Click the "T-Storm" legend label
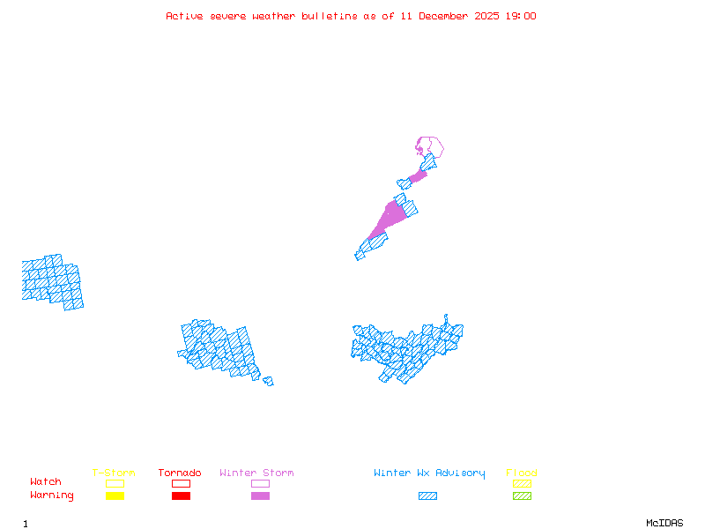click(x=114, y=473)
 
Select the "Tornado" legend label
click(x=180, y=473)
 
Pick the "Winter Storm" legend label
click(x=256, y=473)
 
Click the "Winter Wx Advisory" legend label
click(x=429, y=473)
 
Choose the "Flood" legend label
click(x=522, y=473)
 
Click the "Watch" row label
click(x=46, y=482)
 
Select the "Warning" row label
click(x=51, y=495)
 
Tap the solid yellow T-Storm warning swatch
click(x=115, y=496)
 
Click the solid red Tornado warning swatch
click(x=181, y=496)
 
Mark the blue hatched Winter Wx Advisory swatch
click(x=427, y=496)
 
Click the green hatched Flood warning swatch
click(x=522, y=496)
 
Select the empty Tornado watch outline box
click(x=181, y=483)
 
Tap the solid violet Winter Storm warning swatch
click(x=260, y=496)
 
